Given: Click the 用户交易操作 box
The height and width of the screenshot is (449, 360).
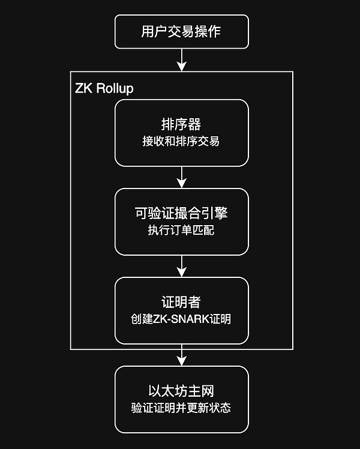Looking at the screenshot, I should click(181, 31).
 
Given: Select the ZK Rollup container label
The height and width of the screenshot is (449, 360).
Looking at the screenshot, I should click(104, 88).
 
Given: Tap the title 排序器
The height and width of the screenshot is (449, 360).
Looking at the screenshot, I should click(181, 125).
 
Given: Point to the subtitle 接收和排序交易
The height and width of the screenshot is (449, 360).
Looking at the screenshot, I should click(181, 142).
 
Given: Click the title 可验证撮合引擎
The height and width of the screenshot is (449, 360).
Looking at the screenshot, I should click(181, 213).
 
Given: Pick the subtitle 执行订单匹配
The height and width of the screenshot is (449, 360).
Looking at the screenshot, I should click(181, 231).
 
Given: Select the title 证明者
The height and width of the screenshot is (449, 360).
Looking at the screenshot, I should click(181, 302).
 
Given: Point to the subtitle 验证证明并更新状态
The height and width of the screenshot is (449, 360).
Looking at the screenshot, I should click(181, 408).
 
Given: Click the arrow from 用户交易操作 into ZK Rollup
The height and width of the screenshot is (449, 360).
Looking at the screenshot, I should click(181, 59).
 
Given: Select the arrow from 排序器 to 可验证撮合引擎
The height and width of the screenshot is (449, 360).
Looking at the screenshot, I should click(181, 177).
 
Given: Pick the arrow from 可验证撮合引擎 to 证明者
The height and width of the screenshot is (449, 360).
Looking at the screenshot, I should click(181, 266).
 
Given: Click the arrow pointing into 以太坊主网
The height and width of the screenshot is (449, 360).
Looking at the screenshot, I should click(181, 355).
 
